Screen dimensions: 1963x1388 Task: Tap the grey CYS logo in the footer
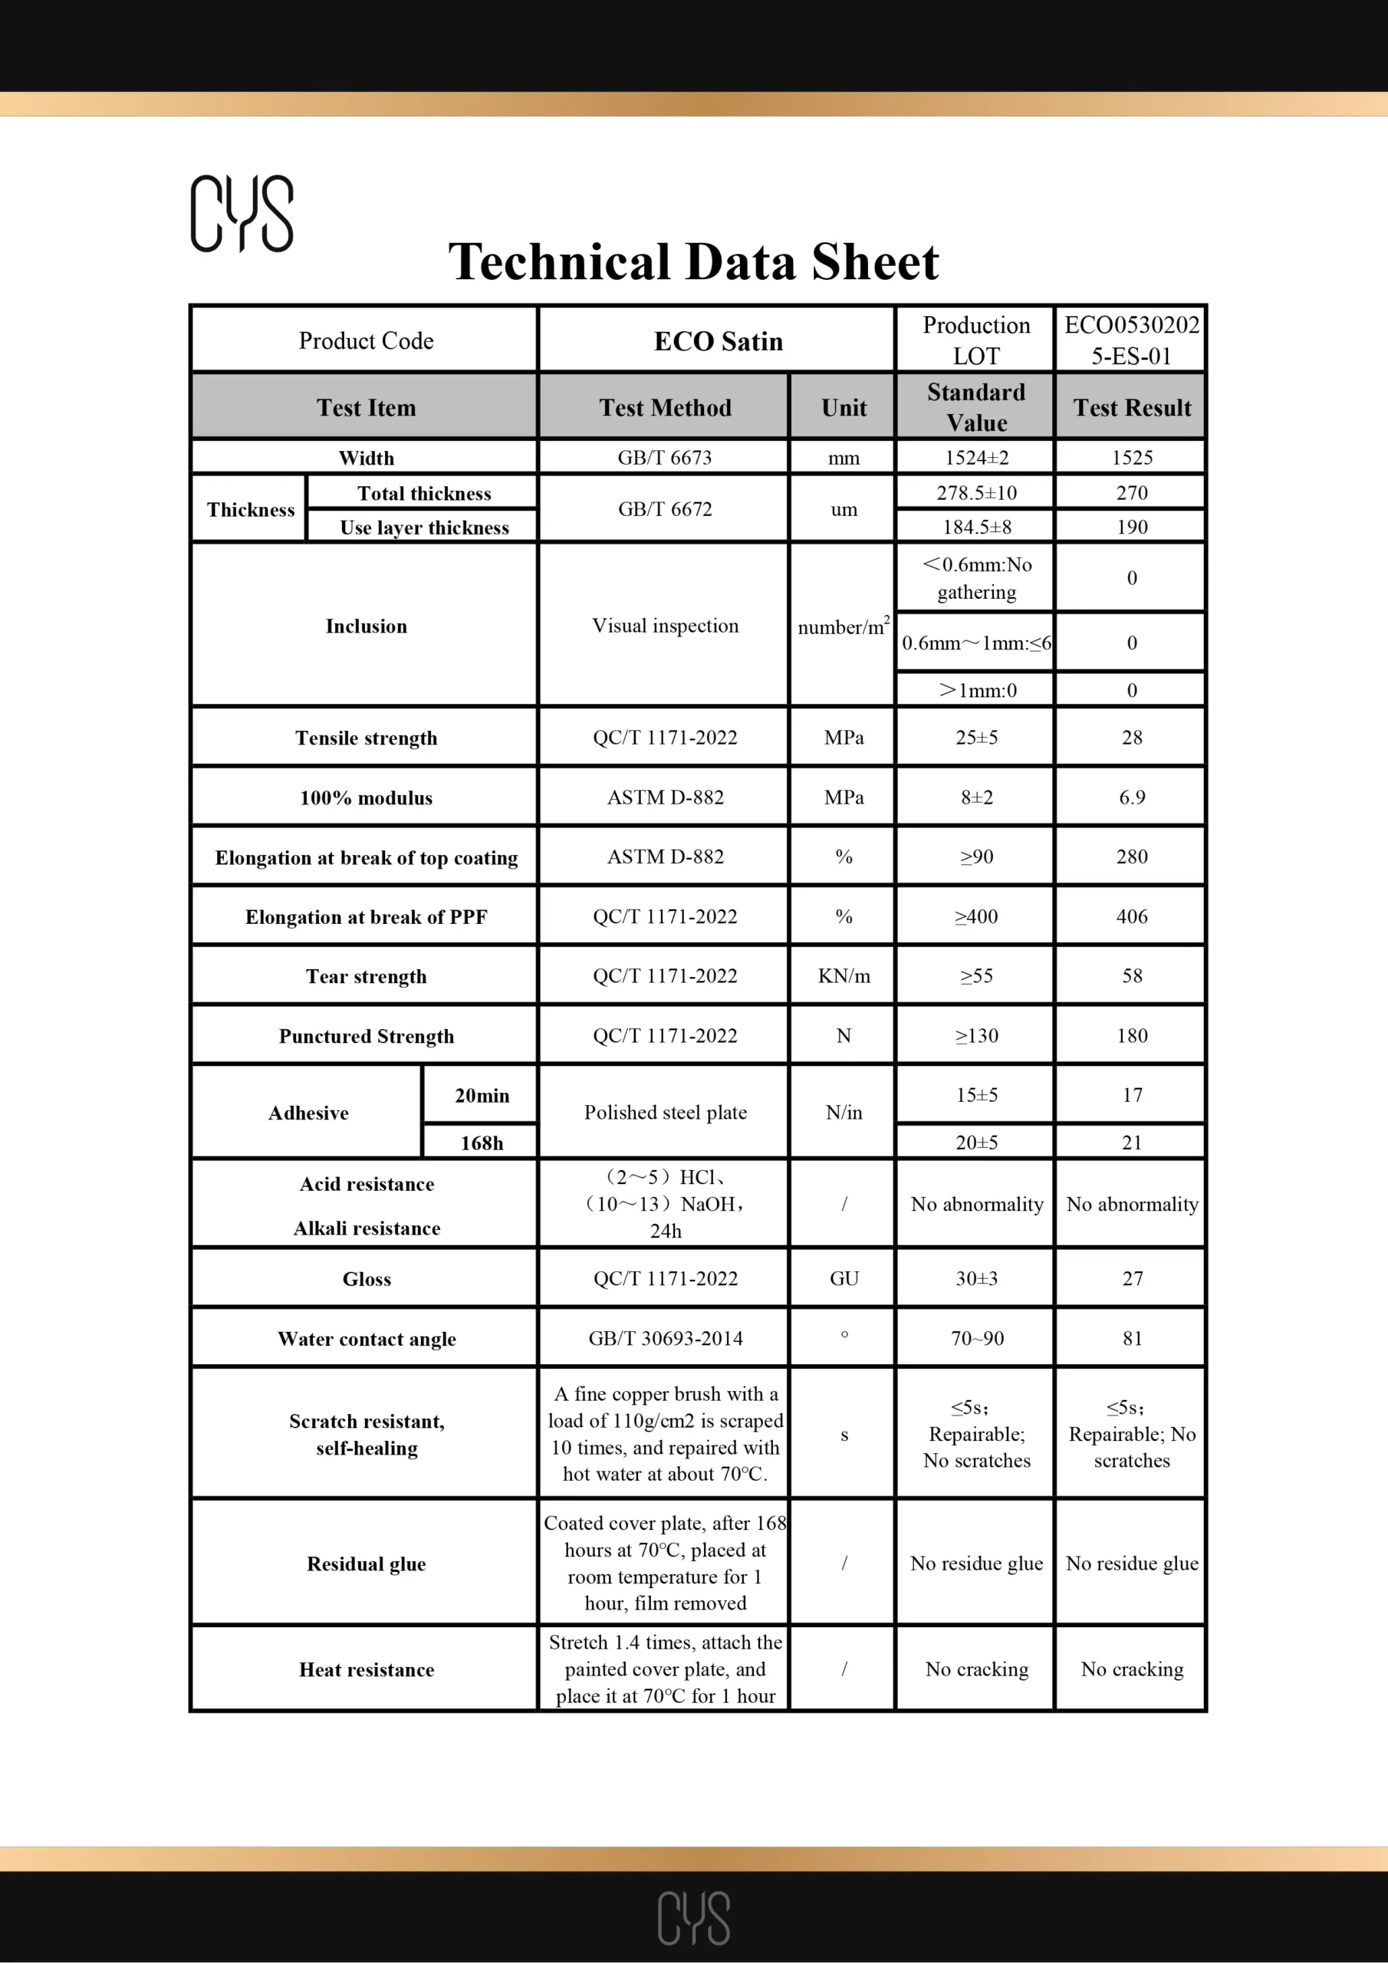(693, 1918)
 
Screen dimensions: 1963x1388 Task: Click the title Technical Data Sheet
(693, 261)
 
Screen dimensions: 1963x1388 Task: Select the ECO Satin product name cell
(719, 341)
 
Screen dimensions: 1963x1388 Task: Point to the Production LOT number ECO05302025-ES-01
(1131, 340)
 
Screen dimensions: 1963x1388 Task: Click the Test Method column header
(665, 408)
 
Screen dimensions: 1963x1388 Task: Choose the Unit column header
(844, 408)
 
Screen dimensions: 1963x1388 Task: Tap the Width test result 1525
(1131, 458)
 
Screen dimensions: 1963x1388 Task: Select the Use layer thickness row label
(424, 528)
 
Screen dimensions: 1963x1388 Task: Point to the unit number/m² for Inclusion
(844, 626)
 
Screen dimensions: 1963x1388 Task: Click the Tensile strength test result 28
(1131, 737)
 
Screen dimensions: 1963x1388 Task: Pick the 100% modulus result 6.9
(1131, 797)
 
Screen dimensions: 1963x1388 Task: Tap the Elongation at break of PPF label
(366, 916)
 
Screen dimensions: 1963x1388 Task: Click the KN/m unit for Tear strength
(844, 975)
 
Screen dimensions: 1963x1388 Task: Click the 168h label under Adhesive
(482, 1143)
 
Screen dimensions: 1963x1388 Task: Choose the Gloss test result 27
(1131, 1278)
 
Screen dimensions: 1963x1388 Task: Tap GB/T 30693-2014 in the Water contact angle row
(665, 1338)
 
